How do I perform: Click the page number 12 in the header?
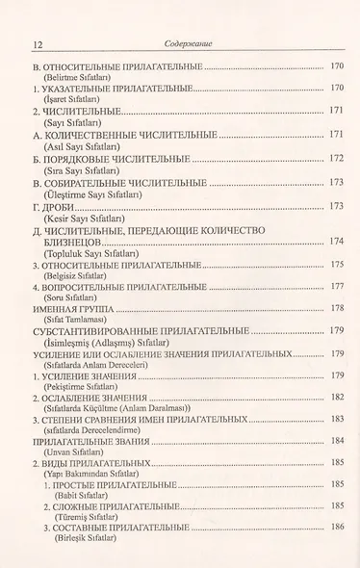pyautogui.click(x=38, y=43)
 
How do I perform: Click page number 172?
pyautogui.click(x=336, y=158)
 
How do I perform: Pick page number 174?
pyautogui.click(x=336, y=241)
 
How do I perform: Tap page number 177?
pyautogui.click(x=336, y=286)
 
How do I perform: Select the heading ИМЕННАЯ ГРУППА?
pyautogui.click(x=73, y=308)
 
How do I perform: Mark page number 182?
pyautogui.click(x=336, y=397)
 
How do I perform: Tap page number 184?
pyautogui.click(x=336, y=440)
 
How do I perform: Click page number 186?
pyautogui.click(x=336, y=528)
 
